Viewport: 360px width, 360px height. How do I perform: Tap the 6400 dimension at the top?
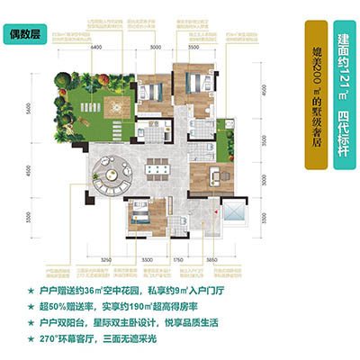94,48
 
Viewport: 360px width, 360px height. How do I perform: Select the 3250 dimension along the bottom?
105,257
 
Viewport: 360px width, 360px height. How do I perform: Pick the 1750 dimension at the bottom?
179,257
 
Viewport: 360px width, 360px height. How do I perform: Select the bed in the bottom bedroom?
143,216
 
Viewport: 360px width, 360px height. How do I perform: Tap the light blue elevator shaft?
233,217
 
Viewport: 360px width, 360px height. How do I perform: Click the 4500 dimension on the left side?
28,171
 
